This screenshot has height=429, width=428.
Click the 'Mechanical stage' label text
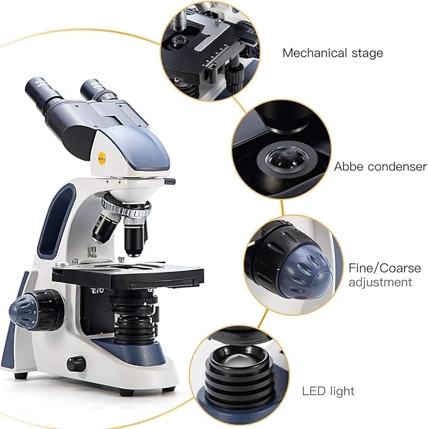tap(332, 53)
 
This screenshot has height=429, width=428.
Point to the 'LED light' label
tap(328, 391)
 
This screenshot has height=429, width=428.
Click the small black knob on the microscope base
tap(76, 364)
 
